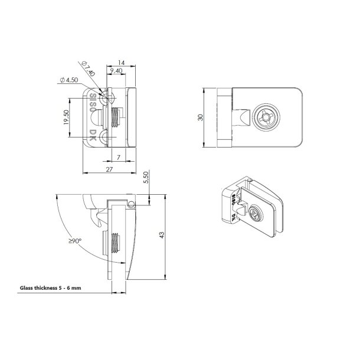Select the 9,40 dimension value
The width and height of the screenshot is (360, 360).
coord(115,71)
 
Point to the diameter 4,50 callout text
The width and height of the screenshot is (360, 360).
coord(70,80)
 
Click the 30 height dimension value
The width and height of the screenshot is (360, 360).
coord(201,118)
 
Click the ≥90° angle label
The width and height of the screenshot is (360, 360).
coord(74,241)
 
